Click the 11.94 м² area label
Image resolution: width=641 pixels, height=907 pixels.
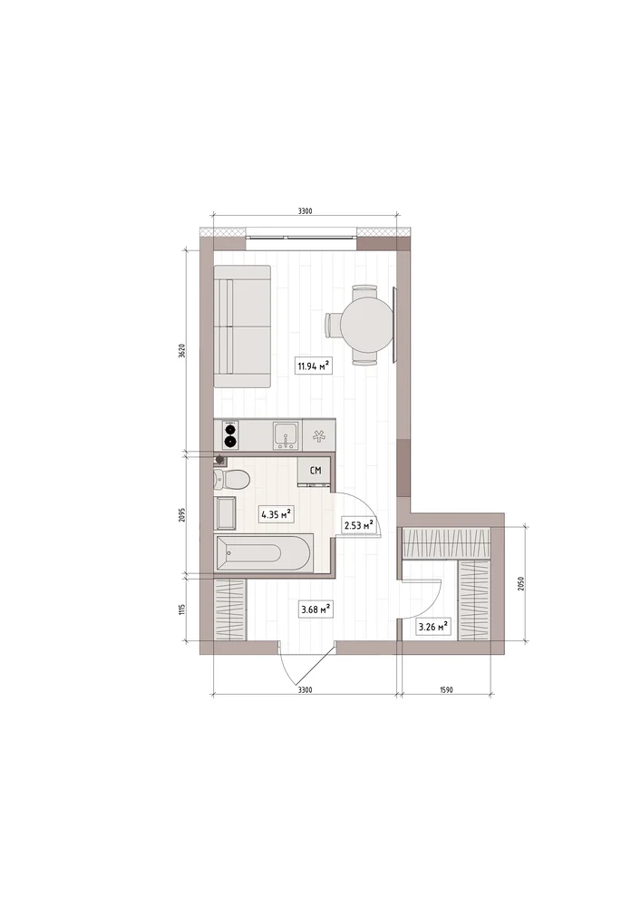[314, 366]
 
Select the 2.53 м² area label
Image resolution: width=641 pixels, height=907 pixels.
[358, 525]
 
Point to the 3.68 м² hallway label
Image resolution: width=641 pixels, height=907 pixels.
[316, 610]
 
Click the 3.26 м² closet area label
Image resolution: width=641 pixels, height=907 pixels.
[433, 627]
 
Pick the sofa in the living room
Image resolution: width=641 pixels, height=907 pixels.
[242, 327]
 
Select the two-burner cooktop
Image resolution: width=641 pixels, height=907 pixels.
[231, 435]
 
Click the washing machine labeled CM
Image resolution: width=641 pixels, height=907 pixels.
[315, 470]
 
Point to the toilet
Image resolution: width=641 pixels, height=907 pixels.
[231, 480]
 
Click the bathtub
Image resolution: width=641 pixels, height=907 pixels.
[263, 553]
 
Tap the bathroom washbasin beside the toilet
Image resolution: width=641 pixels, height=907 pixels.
[226, 512]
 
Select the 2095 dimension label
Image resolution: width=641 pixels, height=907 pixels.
[181, 514]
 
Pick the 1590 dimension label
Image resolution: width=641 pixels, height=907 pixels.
[446, 689]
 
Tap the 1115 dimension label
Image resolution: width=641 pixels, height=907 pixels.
[181, 610]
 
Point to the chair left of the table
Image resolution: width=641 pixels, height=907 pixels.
[333, 325]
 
